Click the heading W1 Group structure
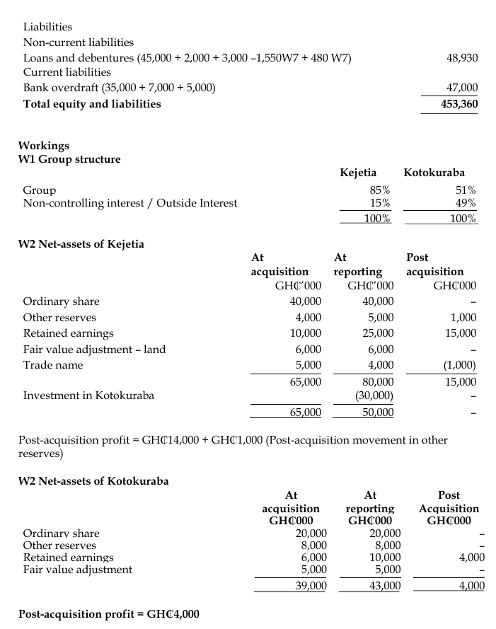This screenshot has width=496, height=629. click(x=69, y=159)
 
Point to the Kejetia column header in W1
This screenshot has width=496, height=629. click(x=358, y=173)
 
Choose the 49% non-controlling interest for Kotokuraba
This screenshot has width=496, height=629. click(x=464, y=204)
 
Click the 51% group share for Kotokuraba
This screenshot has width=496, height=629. click(x=464, y=190)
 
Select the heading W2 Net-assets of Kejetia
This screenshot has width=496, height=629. click(x=81, y=245)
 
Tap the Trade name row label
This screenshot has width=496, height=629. click(x=53, y=365)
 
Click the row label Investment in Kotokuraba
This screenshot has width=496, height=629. click(x=88, y=396)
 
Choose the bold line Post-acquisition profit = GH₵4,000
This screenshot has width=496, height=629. click(x=109, y=613)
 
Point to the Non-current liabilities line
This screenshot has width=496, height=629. click(x=79, y=42)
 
